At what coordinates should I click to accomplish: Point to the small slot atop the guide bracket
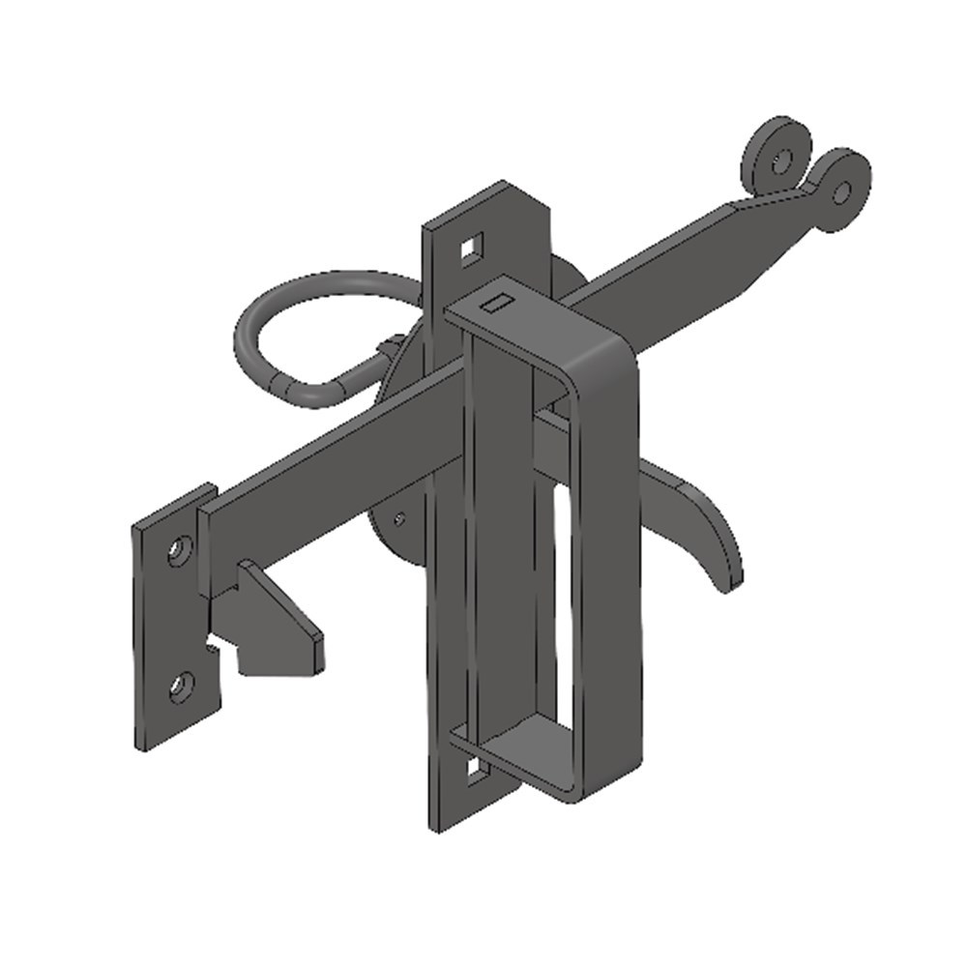(x=496, y=304)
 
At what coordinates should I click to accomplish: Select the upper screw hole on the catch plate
(x=178, y=552)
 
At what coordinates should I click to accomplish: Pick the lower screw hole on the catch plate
(x=180, y=688)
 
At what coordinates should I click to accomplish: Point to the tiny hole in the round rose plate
(x=398, y=517)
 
